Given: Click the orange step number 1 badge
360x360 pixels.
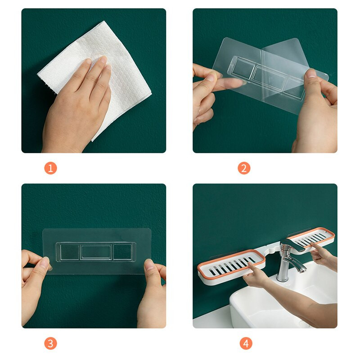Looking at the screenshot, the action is click(x=50, y=168).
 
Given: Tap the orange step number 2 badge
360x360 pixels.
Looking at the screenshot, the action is click(x=244, y=168).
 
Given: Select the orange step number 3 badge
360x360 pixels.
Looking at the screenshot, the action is click(x=50, y=343).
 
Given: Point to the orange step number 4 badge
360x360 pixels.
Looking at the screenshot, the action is click(x=246, y=343).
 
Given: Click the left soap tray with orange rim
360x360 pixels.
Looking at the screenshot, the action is click(x=231, y=266).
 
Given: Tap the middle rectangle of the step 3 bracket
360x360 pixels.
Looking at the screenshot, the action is click(x=96, y=252).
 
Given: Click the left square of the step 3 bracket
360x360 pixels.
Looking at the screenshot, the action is click(x=70, y=252).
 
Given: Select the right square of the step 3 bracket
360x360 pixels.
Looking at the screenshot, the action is click(x=123, y=252).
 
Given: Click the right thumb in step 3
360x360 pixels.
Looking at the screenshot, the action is click(x=150, y=267).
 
